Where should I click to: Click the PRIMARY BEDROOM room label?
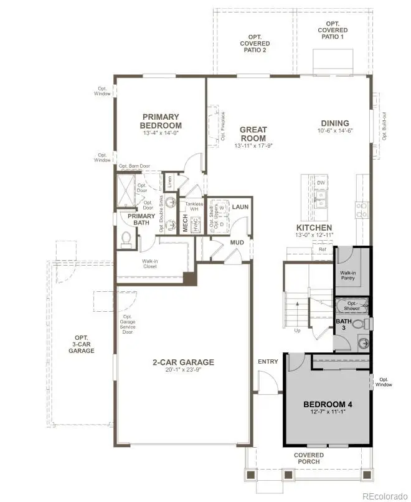(161, 121)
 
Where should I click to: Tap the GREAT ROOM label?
(253, 134)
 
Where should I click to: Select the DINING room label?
(334, 123)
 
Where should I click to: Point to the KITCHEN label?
(314, 228)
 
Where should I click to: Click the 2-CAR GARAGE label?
(183, 362)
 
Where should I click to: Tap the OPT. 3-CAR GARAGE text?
(82, 344)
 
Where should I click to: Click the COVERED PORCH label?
(308, 458)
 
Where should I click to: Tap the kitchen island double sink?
(321, 199)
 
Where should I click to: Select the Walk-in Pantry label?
(347, 276)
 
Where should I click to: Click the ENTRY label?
(268, 362)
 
